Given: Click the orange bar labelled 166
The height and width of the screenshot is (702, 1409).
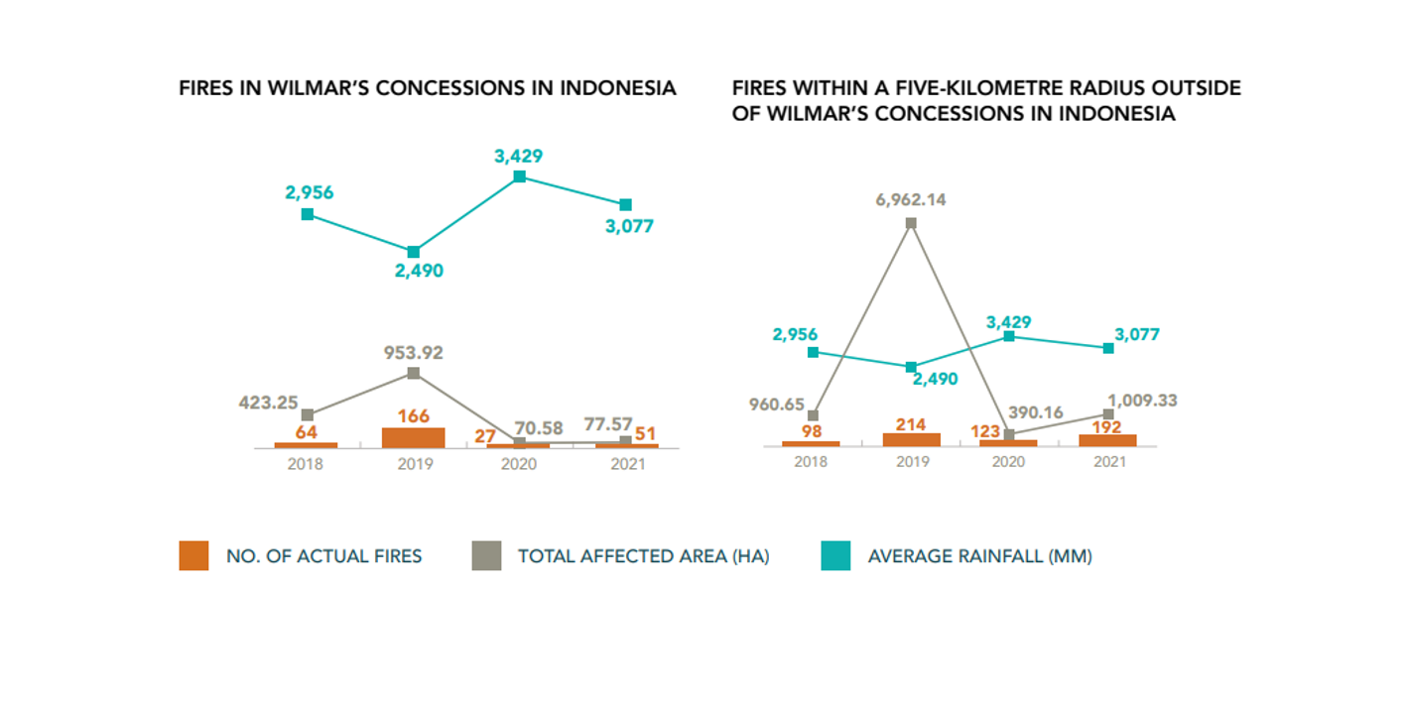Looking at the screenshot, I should click(413, 437).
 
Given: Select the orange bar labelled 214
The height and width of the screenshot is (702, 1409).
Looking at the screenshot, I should click(911, 439).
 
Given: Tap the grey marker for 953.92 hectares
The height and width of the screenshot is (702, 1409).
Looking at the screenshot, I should click(414, 373).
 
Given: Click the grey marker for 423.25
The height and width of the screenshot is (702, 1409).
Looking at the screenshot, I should click(308, 414).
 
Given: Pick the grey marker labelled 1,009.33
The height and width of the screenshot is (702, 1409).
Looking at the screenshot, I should click(1108, 414).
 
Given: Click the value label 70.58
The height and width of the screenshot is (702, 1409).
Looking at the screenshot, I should click(539, 428).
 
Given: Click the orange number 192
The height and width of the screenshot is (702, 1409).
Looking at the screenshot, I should click(1106, 428).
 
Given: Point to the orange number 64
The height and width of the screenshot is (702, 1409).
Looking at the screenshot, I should click(306, 432).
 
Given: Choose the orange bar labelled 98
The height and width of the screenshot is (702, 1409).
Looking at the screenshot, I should click(811, 443).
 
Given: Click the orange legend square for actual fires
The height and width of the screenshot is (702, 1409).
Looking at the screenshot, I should click(193, 556).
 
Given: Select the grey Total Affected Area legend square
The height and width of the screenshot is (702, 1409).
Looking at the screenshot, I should click(486, 556).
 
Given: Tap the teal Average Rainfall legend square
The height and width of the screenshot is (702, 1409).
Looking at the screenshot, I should click(836, 556).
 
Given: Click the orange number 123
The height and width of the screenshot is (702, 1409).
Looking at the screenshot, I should click(985, 431).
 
